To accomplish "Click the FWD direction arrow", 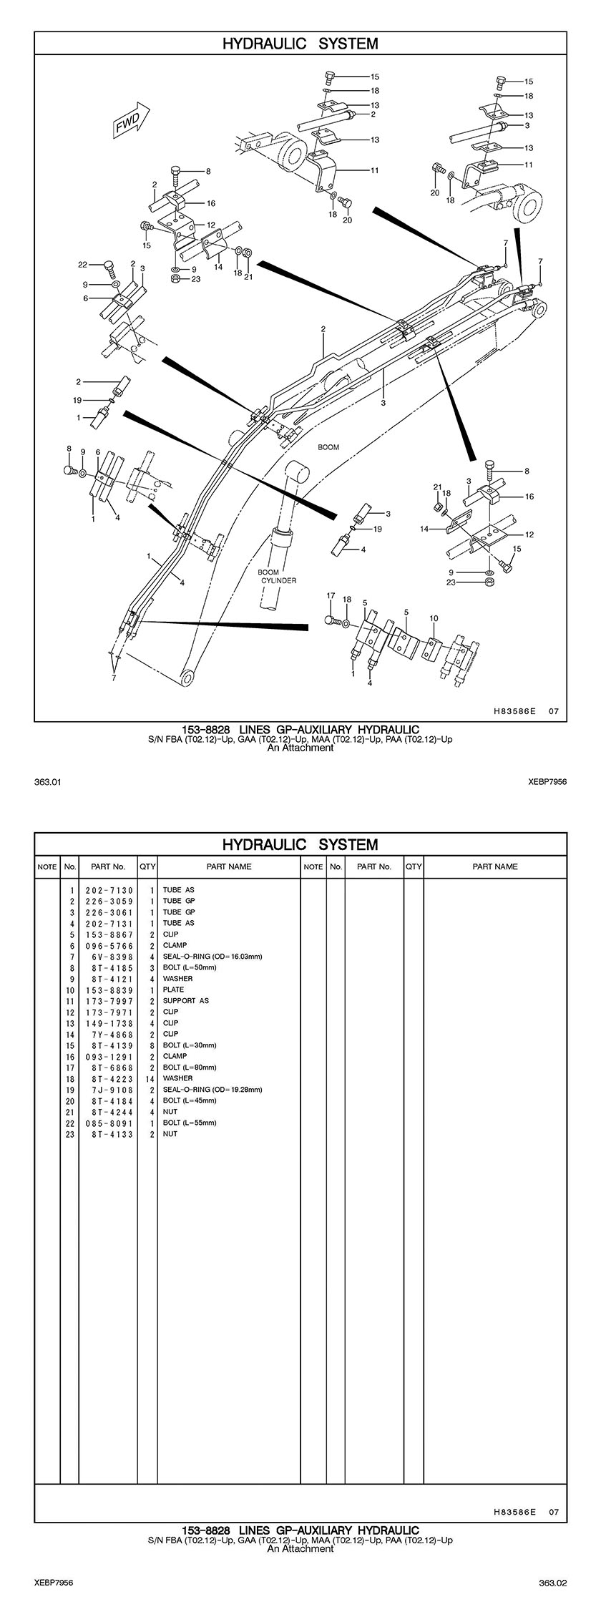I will point(131,119).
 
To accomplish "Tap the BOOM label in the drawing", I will point(328,447).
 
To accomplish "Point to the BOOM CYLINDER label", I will point(278,576).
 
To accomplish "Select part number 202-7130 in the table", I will point(109,890).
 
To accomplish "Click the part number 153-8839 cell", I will point(109,990).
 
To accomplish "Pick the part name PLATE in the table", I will point(173,990).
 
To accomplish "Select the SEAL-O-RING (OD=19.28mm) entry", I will point(212,1089).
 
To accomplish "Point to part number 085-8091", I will point(109,1123).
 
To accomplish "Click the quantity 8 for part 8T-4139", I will point(152,1045).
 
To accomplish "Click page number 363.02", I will point(553,1581).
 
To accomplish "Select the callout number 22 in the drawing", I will point(83,265).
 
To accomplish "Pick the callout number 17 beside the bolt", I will point(331,595).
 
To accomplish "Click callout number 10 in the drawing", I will point(434,618).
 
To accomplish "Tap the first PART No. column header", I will point(109,866).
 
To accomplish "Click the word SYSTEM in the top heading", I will point(348,44).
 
